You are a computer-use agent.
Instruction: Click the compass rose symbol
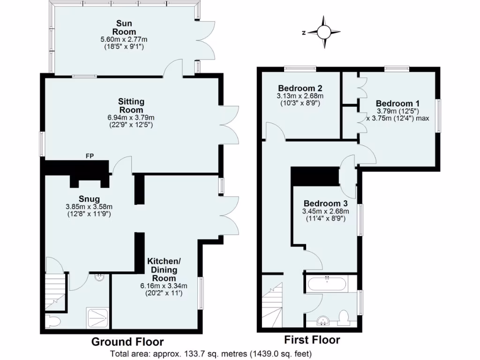tap(324, 32)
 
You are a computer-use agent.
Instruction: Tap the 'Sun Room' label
tap(124, 27)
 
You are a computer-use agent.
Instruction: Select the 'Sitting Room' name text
tap(132, 105)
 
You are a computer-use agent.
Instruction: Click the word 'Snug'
tap(90, 199)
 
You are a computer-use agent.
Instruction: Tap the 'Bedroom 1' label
tap(397, 104)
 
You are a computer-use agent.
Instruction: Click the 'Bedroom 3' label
tap(325, 203)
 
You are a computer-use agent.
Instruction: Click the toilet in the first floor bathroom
tap(344, 317)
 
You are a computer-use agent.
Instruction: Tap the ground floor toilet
tap(52, 322)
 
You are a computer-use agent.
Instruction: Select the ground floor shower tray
tap(98, 318)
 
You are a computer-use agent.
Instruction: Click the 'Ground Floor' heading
tap(127, 342)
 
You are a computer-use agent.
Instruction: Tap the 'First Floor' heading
tap(312, 340)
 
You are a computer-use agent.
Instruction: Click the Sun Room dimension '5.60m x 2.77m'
tap(124, 39)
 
